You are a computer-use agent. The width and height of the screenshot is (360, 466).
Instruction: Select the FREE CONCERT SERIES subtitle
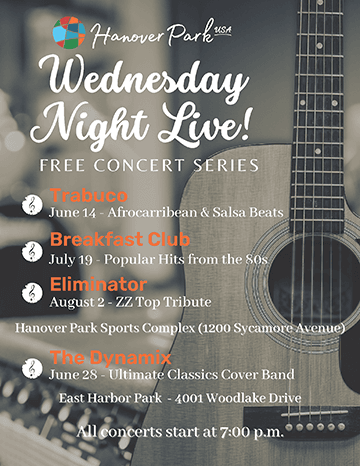click(x=144, y=163)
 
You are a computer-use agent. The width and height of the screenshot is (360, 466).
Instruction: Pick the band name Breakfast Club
click(x=108, y=241)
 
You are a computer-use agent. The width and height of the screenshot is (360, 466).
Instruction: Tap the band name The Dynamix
click(x=98, y=358)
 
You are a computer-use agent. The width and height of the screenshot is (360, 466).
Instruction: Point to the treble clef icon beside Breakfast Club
click(x=31, y=249)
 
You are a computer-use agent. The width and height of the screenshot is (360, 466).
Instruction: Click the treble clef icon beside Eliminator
click(x=31, y=291)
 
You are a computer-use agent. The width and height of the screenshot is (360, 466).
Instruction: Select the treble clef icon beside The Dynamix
click(x=31, y=367)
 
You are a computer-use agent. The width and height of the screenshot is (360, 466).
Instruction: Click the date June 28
click(x=71, y=375)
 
